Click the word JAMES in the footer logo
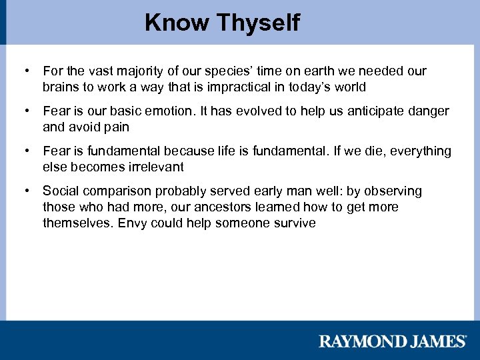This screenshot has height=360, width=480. [438, 342]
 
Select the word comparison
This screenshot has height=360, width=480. [113, 191]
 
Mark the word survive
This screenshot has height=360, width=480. [294, 223]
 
